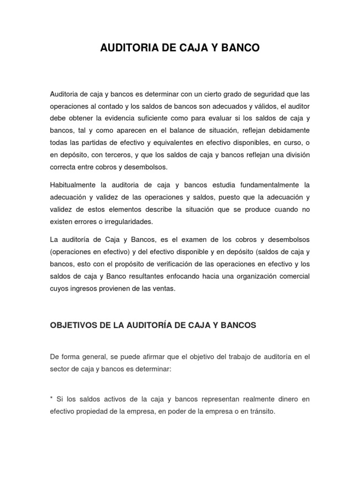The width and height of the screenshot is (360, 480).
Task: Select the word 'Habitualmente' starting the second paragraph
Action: coord(70,185)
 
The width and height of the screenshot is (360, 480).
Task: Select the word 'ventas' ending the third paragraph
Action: coord(165,288)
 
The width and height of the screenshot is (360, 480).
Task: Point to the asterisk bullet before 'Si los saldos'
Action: coord(51,398)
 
